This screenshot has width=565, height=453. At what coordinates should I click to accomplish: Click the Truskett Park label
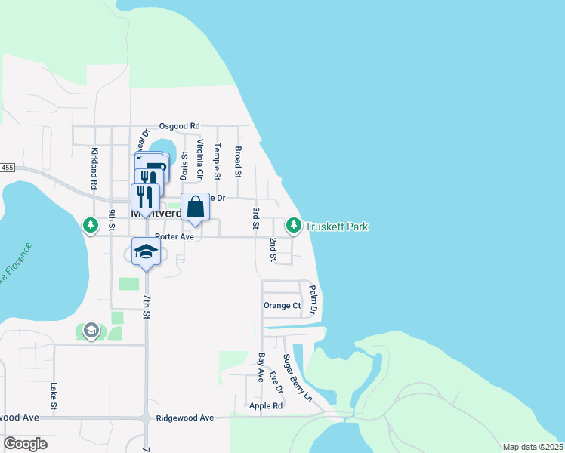[337, 226]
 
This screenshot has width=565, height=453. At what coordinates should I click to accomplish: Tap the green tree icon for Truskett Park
[293, 225]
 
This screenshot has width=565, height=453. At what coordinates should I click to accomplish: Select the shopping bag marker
[195, 207]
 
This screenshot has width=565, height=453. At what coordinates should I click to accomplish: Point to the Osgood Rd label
[179, 126]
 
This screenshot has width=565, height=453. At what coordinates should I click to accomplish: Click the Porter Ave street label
[174, 236]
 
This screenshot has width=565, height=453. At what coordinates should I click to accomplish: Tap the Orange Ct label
[282, 306]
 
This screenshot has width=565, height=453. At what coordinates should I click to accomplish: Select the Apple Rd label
[265, 405]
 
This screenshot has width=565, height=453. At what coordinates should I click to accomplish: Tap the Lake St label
[54, 396]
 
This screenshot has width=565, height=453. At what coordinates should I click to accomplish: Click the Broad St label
[237, 162]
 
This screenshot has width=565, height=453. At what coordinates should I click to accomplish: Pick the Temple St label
[218, 162]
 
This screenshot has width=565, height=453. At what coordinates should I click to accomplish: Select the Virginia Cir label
[200, 159]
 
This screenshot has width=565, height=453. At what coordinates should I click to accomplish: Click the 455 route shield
[7, 167]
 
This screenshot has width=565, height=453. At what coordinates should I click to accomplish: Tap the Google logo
[25, 444]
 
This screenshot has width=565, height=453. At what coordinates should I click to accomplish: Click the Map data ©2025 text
[532, 447]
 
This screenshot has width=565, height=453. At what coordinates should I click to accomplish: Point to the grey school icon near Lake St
[91, 331]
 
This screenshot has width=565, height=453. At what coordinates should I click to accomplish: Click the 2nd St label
[273, 250]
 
